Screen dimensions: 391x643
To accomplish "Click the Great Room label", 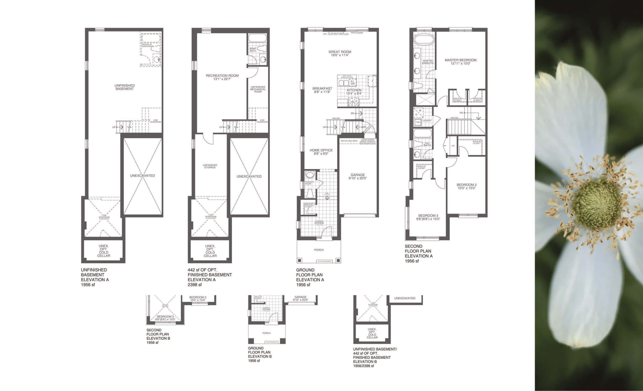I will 340,54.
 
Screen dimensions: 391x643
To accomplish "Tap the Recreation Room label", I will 222,77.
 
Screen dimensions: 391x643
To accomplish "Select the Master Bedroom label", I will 460,62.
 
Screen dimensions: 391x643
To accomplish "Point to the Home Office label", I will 321,152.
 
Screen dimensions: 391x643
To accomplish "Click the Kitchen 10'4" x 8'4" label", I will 354,92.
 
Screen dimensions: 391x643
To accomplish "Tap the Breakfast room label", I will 322,90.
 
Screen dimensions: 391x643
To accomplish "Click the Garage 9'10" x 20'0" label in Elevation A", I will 357,177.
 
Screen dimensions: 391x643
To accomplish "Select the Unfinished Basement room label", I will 125,87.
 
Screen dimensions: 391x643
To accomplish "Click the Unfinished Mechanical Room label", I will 258,89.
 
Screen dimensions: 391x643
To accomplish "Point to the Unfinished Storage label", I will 210,166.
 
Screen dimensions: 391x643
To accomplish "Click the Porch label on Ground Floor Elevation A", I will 319,250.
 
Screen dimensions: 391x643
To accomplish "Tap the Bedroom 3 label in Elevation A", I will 428,217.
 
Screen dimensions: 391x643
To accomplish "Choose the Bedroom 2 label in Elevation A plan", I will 466,186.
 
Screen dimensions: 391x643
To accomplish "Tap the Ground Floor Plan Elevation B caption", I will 260,354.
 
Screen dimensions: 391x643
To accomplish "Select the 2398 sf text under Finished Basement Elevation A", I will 195,285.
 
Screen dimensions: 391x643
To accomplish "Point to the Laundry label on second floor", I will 427,121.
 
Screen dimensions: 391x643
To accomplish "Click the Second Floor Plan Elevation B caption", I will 158,336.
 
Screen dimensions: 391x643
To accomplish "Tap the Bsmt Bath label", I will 253,50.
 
